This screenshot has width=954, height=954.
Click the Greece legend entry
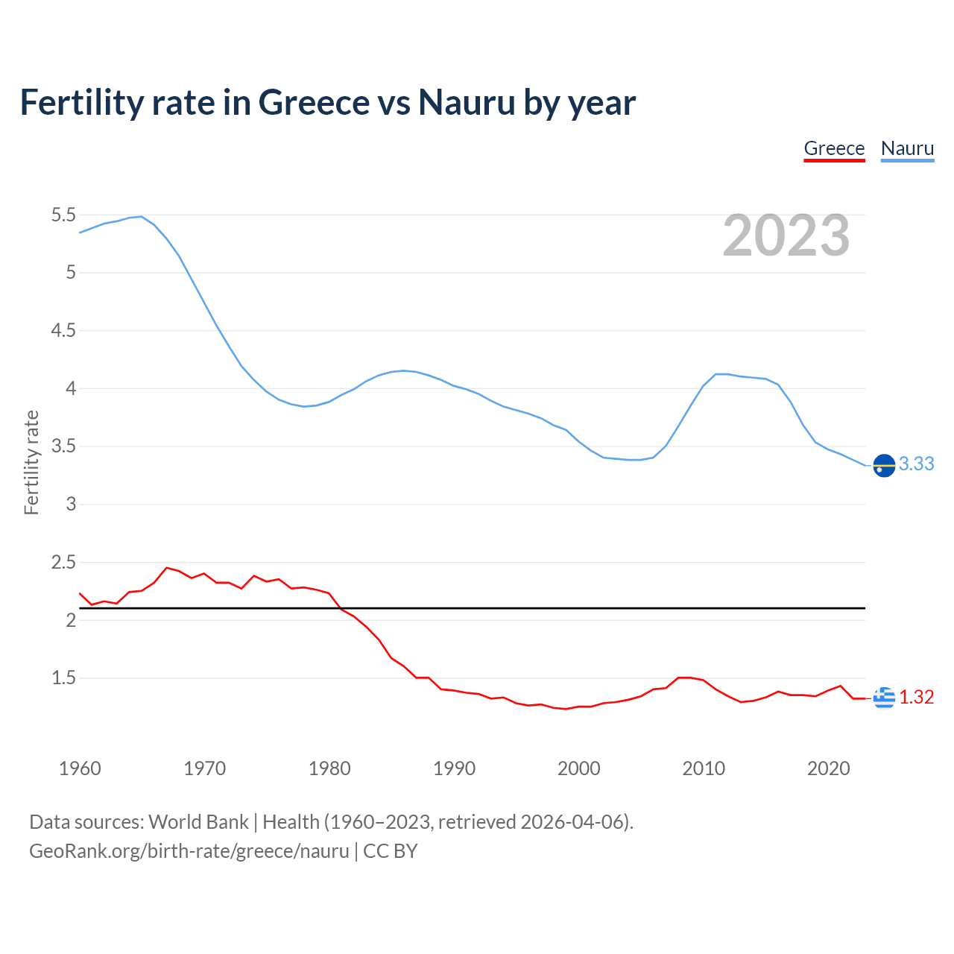pos(834,148)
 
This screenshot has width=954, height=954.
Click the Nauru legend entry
pos(907,148)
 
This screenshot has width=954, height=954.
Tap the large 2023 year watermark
pos(786,236)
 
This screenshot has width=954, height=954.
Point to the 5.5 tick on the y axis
pos(63,215)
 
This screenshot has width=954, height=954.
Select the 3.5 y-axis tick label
pos(63,446)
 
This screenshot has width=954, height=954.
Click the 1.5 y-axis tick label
pos(63,678)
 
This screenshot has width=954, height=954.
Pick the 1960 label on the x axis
pos(80,768)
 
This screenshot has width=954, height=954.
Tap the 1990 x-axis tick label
pos(454,768)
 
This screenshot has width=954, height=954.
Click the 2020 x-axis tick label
pos(828,768)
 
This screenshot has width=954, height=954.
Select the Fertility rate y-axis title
pos(31,462)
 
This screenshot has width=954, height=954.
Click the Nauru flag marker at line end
pos(884,465)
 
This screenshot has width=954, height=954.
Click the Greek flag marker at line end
pos(884,698)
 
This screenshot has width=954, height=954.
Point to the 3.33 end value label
pos(916,464)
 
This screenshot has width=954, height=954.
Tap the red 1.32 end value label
pos(916,697)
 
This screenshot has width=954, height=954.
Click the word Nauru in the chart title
pos(467,102)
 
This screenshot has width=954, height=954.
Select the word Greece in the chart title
pos(313,102)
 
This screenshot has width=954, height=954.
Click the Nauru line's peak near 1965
pos(142,217)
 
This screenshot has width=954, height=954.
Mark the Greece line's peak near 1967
pos(166,568)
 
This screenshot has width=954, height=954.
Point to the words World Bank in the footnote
pos(198,822)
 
